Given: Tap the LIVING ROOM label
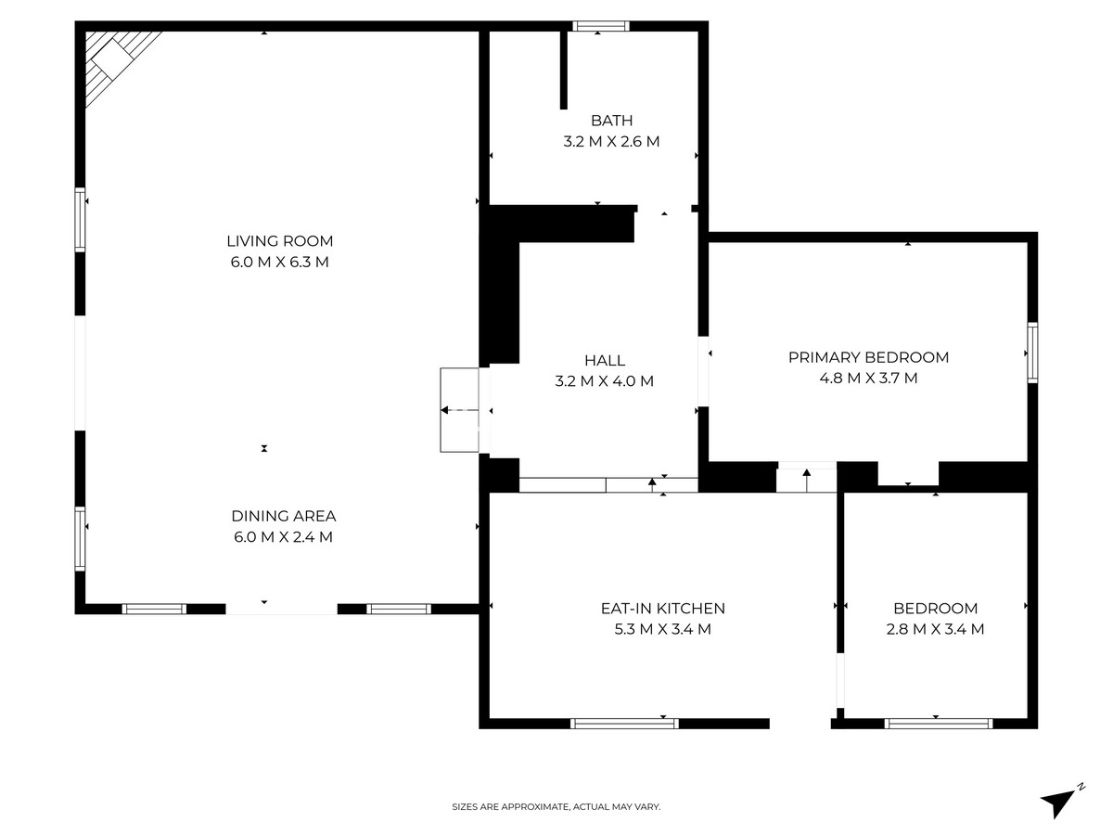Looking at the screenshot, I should pyautogui.click(x=280, y=241).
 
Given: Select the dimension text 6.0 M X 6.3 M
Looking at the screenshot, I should pyautogui.click(x=280, y=262).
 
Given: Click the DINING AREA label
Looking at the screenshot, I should pyautogui.click(x=283, y=516).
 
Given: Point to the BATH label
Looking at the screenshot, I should pyautogui.click(x=611, y=121).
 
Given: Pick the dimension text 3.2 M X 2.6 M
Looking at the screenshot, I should pyautogui.click(x=611, y=142).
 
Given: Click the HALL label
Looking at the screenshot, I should pyautogui.click(x=605, y=360).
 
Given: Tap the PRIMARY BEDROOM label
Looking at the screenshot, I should pyautogui.click(x=868, y=357).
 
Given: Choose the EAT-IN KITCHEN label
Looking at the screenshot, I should pyautogui.click(x=662, y=609).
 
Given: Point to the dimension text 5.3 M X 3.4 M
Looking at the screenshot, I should pyautogui.click(x=662, y=629).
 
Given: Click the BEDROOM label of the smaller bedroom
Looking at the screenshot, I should pyautogui.click(x=935, y=609).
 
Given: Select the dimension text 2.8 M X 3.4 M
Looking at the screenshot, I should pyautogui.click(x=935, y=629).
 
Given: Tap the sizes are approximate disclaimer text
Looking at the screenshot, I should pyautogui.click(x=556, y=807).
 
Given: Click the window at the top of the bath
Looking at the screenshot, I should pyautogui.click(x=600, y=26).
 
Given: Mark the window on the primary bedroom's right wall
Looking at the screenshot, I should pyautogui.click(x=1031, y=353).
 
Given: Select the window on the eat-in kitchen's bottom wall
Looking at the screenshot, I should pyautogui.click(x=624, y=723).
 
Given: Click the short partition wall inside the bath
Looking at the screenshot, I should pyautogui.click(x=563, y=71).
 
